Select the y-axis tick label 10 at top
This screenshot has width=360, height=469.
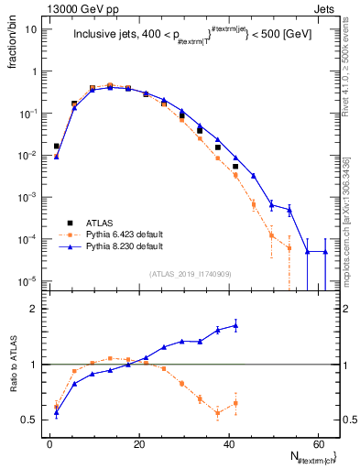[32, 28]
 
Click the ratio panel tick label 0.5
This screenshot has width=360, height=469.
[31, 420]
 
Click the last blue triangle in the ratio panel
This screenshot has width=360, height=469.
[235, 325]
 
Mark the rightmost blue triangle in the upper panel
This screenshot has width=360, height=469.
[324, 252]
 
